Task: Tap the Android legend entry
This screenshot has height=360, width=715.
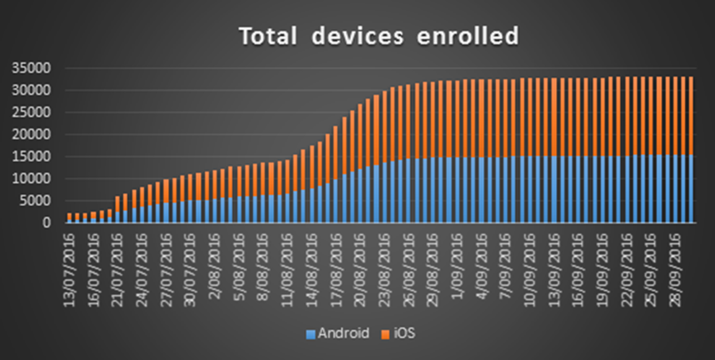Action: (x=343, y=334)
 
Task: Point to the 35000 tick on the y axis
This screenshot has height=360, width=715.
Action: (x=28, y=69)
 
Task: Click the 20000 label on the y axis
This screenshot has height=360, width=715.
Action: (x=28, y=135)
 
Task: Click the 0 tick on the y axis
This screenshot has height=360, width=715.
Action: (x=45, y=222)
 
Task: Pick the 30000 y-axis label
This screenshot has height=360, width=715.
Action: (x=28, y=91)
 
